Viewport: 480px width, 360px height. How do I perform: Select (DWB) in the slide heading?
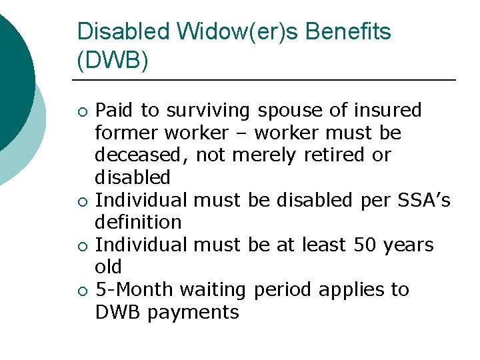[x=113, y=61]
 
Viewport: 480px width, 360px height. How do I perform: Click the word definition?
[x=138, y=222]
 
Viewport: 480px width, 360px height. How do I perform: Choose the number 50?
[x=365, y=245]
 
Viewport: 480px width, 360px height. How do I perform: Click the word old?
[x=108, y=267]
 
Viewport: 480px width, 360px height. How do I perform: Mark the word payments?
[x=193, y=312]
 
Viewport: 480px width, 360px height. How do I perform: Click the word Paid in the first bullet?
[x=114, y=110]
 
